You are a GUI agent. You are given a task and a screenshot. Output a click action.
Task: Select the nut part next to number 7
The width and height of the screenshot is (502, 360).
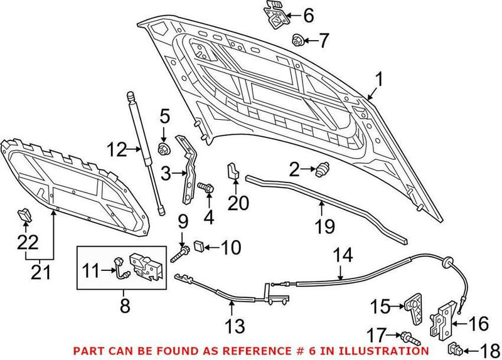[297, 41]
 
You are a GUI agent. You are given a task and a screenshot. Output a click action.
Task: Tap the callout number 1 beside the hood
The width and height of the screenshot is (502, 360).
[378, 80]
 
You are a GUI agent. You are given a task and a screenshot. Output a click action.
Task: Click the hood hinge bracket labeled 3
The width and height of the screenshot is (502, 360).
[187, 169]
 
